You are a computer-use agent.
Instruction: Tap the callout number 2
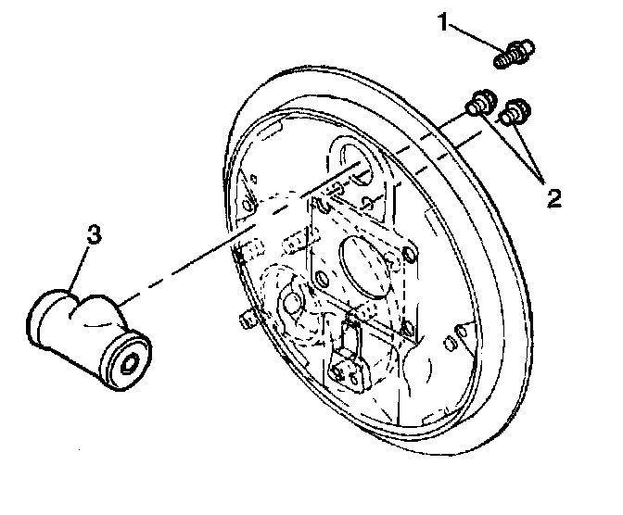[x=553, y=196]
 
